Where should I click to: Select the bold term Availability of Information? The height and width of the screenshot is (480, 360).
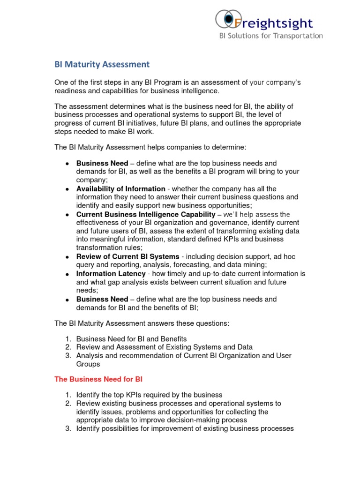click(121, 189)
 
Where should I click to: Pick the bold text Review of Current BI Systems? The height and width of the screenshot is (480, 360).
click(127, 256)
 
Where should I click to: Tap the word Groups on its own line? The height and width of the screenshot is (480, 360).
click(88, 364)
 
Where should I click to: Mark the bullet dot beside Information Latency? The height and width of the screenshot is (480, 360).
click(67, 274)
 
